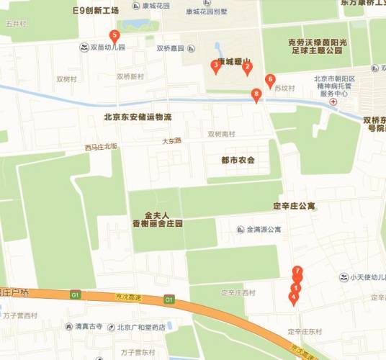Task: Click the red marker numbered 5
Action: [x=115, y=36]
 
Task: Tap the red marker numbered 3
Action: [x=215, y=66]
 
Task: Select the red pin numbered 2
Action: [x=247, y=67]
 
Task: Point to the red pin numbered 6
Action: [x=270, y=80]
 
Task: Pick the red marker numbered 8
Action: [x=256, y=94]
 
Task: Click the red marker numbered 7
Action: [x=297, y=271]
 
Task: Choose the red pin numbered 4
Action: [x=293, y=297]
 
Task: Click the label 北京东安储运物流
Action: [x=138, y=116]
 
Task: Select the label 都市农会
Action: [x=233, y=159]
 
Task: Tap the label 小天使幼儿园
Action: [x=367, y=277]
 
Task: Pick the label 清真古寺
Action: [x=89, y=326]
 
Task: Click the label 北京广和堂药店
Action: [x=141, y=327]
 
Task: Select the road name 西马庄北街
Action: [x=100, y=147]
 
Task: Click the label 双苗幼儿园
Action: [x=107, y=48]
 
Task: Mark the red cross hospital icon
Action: [x=332, y=102]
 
